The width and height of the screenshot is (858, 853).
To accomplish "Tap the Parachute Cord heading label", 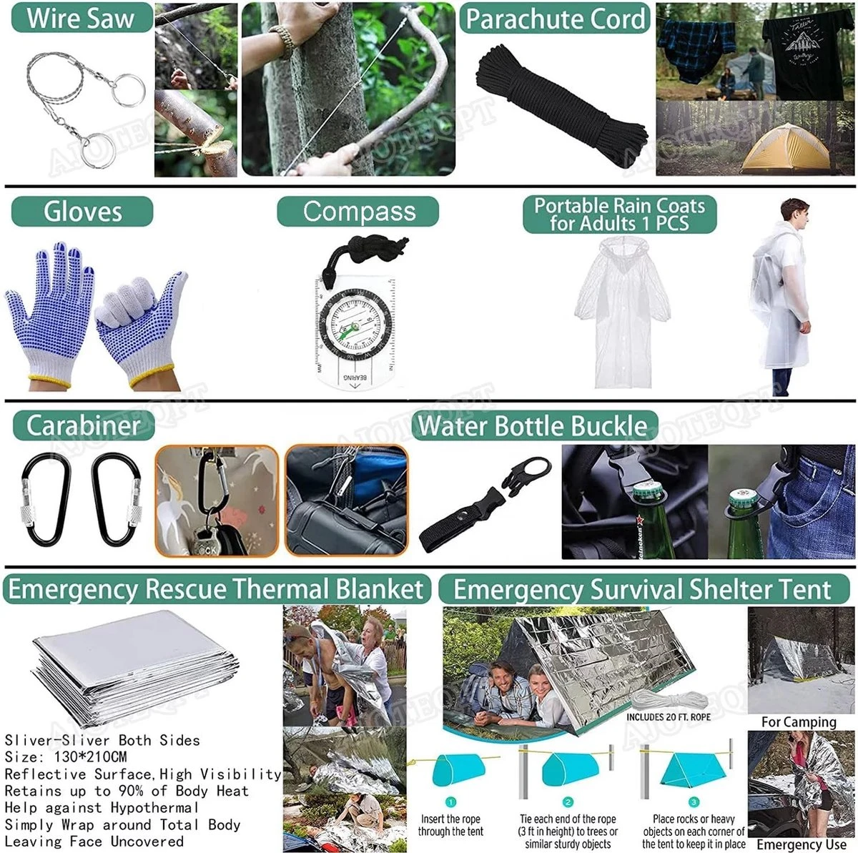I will [555, 19].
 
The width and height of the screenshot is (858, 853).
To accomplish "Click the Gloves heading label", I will [82, 212].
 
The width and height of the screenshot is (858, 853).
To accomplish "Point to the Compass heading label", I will [358, 212].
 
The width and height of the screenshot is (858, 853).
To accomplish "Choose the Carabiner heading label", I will [84, 426].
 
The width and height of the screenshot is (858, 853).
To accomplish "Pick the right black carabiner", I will [116, 499].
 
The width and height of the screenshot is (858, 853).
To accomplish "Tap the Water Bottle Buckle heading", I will [533, 426].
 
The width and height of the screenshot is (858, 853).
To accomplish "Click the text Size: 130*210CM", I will [66, 756].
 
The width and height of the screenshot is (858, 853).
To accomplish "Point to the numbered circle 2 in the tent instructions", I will [568, 802].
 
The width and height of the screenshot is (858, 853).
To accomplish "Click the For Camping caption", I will [798, 722].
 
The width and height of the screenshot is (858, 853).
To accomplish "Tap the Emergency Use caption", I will [801, 844].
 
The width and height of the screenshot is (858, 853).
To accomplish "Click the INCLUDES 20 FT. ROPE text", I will [669, 716].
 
